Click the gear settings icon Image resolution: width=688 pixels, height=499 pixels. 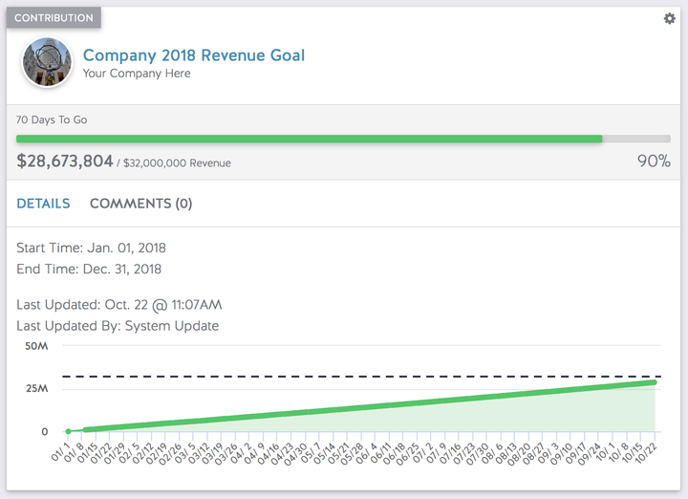click(x=669, y=19)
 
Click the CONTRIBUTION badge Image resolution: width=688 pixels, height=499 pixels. click(x=54, y=18)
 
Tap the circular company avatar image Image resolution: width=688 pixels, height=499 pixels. click(x=46, y=63)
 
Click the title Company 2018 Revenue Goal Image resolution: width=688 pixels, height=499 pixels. click(x=194, y=55)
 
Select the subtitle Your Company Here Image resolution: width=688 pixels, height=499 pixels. click(x=136, y=74)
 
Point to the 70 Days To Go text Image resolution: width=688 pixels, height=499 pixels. click(x=52, y=120)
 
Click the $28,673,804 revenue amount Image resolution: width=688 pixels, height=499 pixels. click(x=65, y=162)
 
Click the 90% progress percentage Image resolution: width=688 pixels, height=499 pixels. click(x=654, y=162)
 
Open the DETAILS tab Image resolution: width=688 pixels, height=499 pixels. click(x=43, y=204)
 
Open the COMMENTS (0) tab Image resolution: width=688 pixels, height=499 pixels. click(x=140, y=204)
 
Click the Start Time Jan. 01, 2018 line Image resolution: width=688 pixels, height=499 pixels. click(x=91, y=249)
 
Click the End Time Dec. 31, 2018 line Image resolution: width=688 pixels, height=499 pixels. click(x=89, y=270)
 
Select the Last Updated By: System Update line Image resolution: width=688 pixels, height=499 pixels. click(x=118, y=326)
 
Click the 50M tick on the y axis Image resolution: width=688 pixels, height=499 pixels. click(x=37, y=345)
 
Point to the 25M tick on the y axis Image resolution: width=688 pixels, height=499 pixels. click(x=37, y=389)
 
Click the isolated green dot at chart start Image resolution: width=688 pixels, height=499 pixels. click(x=68, y=431)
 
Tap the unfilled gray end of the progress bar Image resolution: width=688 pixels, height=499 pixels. click(x=636, y=139)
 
